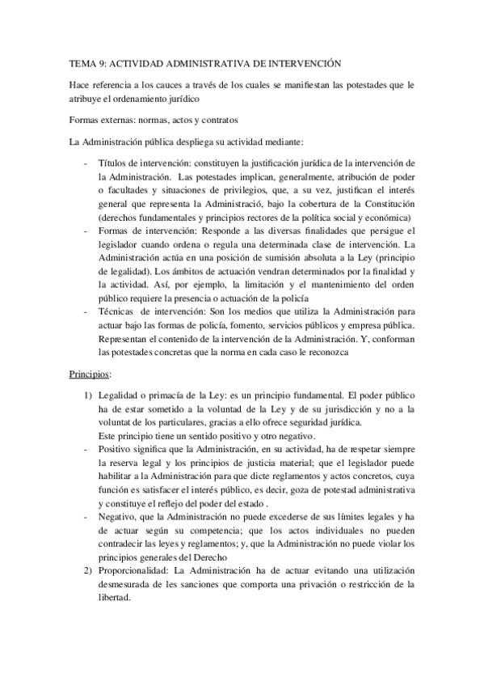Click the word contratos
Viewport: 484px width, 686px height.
(x=216, y=121)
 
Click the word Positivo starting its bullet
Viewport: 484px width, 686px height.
(x=115, y=450)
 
